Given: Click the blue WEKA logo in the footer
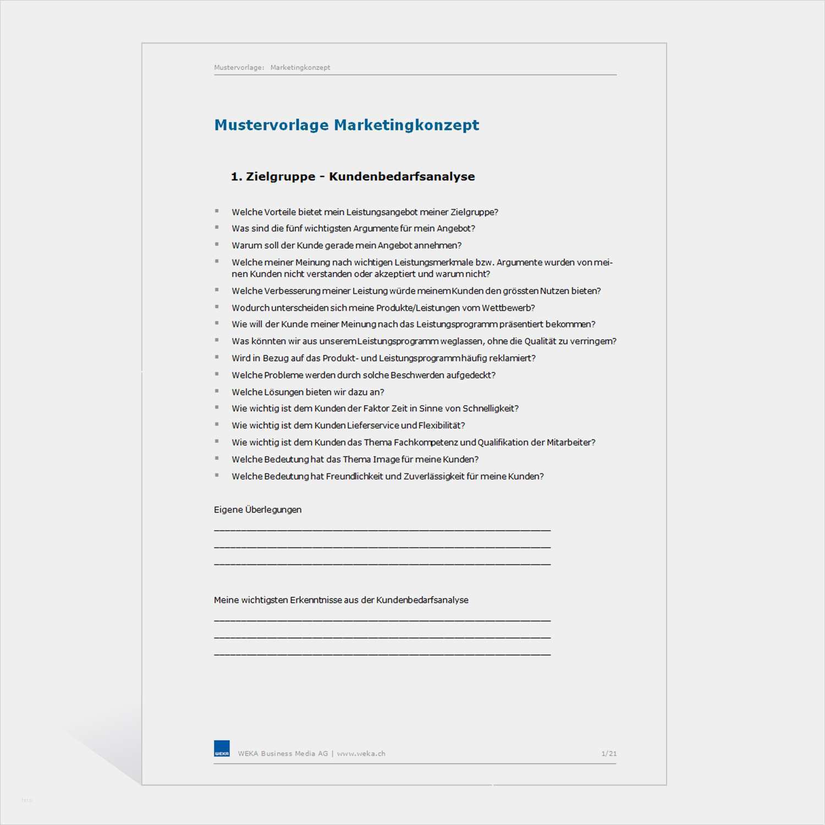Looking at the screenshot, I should click(x=222, y=749).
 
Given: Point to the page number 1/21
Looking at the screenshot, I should click(x=609, y=754).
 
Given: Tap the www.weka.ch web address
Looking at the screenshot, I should click(x=361, y=754).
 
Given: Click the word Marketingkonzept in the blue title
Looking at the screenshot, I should click(x=406, y=125).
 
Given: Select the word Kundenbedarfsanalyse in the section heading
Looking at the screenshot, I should click(x=402, y=177).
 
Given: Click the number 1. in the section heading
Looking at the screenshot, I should click(x=236, y=177).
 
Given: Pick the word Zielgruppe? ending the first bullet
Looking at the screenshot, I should click(x=474, y=212).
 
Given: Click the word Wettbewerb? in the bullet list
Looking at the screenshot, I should click(x=508, y=308).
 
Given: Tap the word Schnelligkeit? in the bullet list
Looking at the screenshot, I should click(x=491, y=409).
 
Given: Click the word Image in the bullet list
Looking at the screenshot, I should click(x=386, y=459).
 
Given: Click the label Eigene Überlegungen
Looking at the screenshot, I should click(x=257, y=510).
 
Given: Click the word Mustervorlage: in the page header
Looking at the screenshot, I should click(x=239, y=68).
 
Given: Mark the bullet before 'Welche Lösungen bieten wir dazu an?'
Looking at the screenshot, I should click(x=217, y=391).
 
